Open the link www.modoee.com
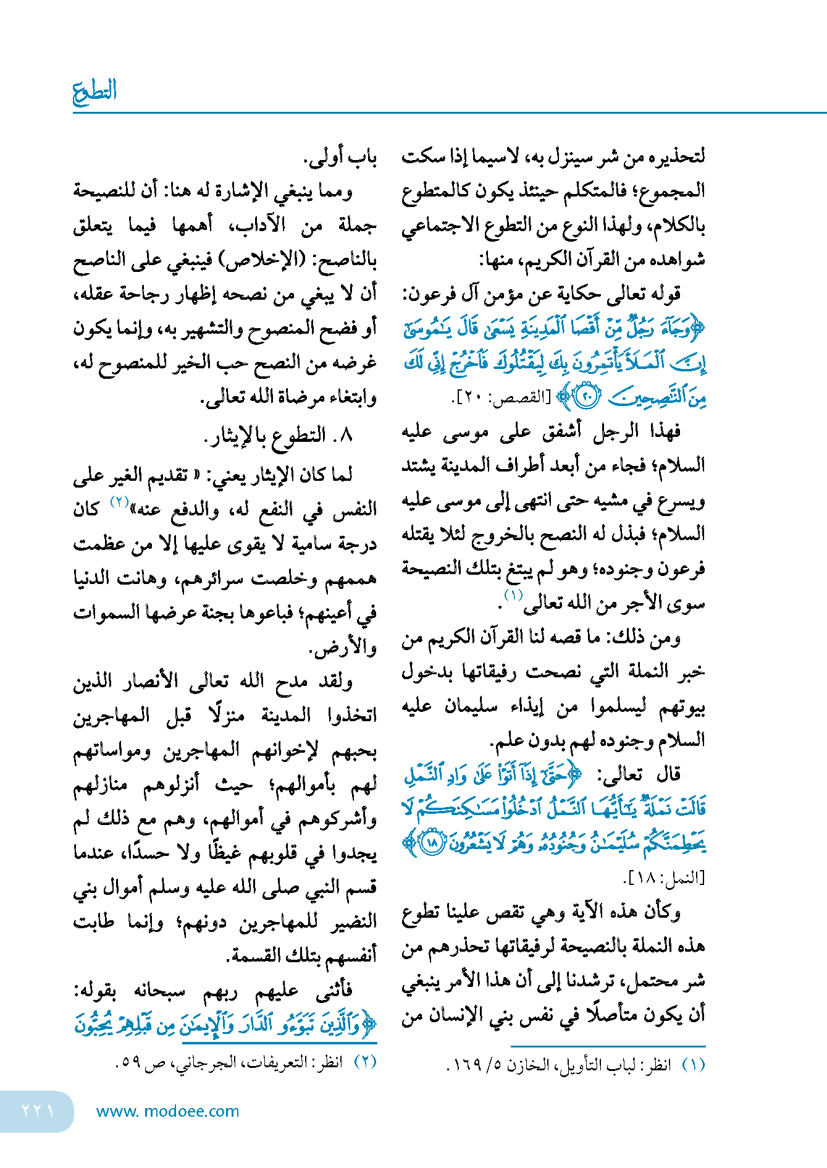click(x=167, y=1111)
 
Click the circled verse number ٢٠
click(x=586, y=397)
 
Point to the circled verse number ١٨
click(x=432, y=843)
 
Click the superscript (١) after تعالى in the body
click(x=513, y=595)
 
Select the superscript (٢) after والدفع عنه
click(x=119, y=501)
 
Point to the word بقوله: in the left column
click(x=99, y=991)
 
